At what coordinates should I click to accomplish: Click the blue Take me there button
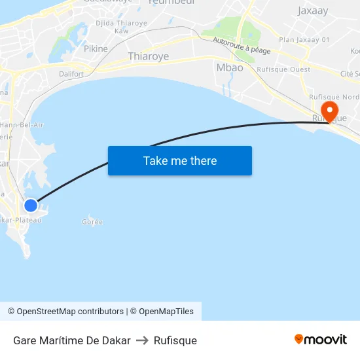[180, 160]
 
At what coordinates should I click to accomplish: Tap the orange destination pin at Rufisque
[329, 109]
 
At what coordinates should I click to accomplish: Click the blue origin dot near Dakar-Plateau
[31, 206]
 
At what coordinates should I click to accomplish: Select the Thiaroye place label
[148, 57]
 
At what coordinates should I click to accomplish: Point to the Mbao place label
[229, 67]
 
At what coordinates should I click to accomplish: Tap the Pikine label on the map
[96, 48]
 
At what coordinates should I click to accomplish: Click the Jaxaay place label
[313, 11]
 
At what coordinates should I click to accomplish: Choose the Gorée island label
[92, 222]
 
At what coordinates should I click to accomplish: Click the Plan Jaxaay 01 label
[304, 40]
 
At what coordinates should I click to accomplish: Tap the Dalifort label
[71, 74]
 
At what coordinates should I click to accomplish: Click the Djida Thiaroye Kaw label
[121, 27]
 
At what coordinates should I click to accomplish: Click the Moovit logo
[321, 339]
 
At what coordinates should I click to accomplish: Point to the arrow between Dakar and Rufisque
[142, 340]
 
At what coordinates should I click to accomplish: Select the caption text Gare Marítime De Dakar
[71, 340]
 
